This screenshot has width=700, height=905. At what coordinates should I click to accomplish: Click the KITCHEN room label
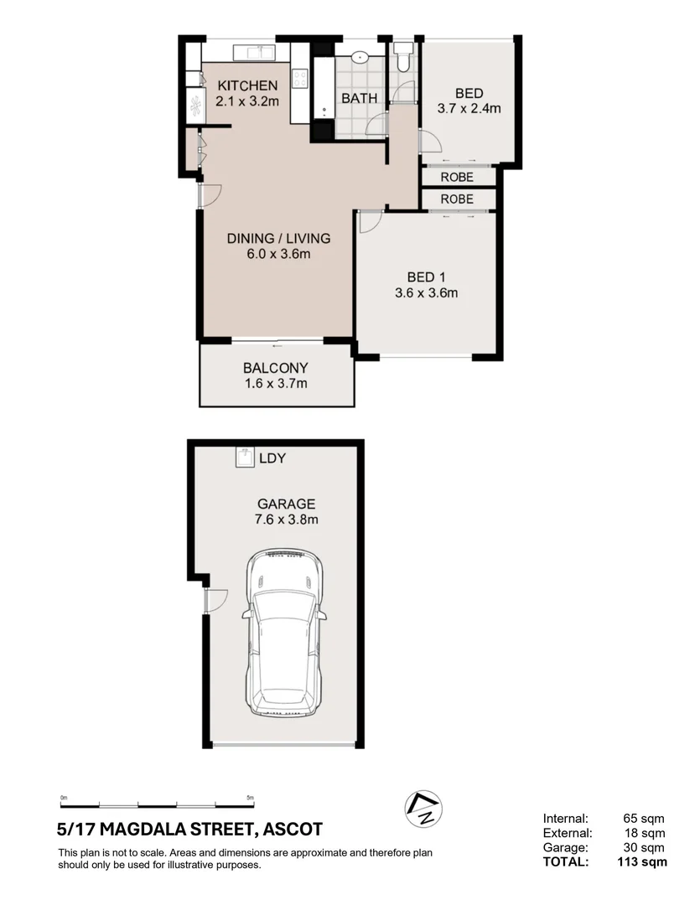[x=246, y=85]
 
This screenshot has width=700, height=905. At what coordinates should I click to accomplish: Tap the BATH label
[x=359, y=99]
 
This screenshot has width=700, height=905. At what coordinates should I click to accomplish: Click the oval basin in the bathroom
[x=360, y=58]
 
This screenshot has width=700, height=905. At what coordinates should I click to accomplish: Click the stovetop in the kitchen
[x=300, y=79]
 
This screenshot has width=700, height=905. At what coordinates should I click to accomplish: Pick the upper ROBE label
[x=457, y=178]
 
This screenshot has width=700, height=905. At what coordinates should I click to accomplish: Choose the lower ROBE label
[x=457, y=199]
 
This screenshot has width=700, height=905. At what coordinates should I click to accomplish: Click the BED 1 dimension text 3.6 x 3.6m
[x=426, y=293]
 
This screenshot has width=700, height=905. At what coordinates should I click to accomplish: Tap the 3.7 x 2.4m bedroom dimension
[x=469, y=108]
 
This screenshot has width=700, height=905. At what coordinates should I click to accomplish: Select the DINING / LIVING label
[x=279, y=239]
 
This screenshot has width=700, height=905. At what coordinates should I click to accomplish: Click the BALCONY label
[x=276, y=368]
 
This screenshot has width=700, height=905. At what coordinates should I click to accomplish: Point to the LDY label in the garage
[x=273, y=458]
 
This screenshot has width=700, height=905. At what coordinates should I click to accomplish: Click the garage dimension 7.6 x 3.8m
[x=286, y=520]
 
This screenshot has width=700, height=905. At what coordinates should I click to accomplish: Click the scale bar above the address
[x=157, y=802]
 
